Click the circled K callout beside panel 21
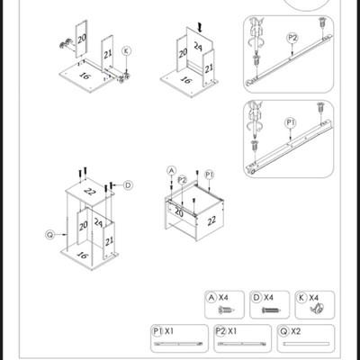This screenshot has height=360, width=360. pyautogui.click(x=126, y=51)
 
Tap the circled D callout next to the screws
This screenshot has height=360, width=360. pyautogui.click(x=128, y=185)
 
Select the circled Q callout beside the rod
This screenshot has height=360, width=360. pyautogui.click(x=50, y=235)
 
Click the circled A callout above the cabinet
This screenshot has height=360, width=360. pyautogui.click(x=171, y=171)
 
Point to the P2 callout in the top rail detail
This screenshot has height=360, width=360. pyautogui.click(x=292, y=38)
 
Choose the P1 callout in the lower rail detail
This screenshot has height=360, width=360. pyautogui.click(x=290, y=122)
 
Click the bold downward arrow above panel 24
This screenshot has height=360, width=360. pyautogui.click(x=200, y=28)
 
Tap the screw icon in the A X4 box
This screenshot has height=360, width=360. pyautogui.click(x=226, y=310)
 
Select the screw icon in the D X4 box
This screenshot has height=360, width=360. pyautogui.click(x=271, y=310)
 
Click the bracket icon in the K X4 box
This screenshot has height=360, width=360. pyautogui.click(x=317, y=309)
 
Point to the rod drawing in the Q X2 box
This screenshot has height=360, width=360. pyautogui.click(x=306, y=344)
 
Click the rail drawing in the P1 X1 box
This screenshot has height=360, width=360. pyautogui.click(x=179, y=344)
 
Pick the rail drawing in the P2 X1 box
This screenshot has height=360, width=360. pyautogui.click(x=242, y=344)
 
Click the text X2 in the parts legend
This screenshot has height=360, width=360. pyautogui.click(x=296, y=331)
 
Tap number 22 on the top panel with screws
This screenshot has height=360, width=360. pyautogui.click(x=89, y=191)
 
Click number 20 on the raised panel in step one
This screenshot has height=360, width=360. pyautogui.click(x=82, y=39)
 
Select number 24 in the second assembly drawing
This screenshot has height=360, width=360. pyautogui.click(x=198, y=46)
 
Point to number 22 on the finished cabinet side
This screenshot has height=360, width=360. pyautogui.click(x=211, y=220)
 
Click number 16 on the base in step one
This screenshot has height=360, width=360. pyautogui.click(x=85, y=76)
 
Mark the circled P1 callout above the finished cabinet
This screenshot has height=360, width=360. pyautogui.click(x=210, y=175)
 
